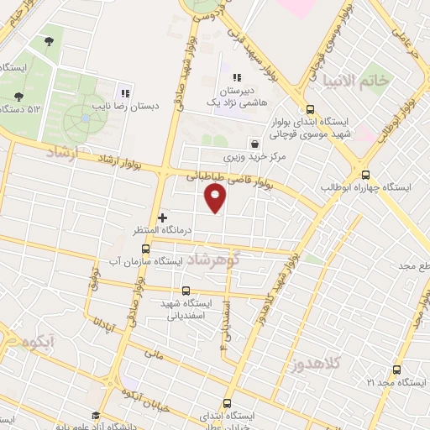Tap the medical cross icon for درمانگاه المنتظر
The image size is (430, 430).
[162, 218]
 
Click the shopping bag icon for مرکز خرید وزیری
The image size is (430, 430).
[254, 144]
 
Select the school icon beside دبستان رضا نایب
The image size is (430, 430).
[125, 94]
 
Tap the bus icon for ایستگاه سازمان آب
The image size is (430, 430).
[145, 249]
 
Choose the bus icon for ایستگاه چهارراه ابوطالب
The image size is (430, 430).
[366, 172]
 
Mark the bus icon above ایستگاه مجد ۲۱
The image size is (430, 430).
[396, 370]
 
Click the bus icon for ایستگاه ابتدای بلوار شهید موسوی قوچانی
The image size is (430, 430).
[311, 108]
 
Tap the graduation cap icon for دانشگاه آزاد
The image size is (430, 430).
[96, 416]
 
